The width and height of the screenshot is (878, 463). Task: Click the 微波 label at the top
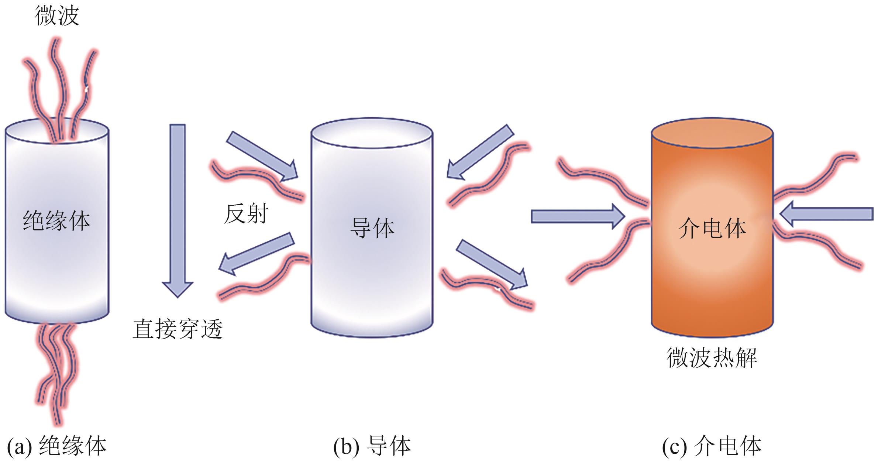click(x=57, y=16)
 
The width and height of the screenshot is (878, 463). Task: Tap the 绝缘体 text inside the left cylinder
click(x=56, y=220)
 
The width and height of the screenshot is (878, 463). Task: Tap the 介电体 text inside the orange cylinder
click(x=712, y=228)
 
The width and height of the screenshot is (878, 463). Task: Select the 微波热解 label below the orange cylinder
click(x=712, y=357)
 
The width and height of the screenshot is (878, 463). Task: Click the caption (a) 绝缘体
click(x=57, y=446)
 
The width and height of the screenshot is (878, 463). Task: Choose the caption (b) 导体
click(x=372, y=446)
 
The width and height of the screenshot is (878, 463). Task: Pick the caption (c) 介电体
click(x=712, y=446)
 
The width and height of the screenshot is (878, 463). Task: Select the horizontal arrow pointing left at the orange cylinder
click(x=827, y=214)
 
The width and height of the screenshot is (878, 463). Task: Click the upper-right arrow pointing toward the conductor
click(x=480, y=151)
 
